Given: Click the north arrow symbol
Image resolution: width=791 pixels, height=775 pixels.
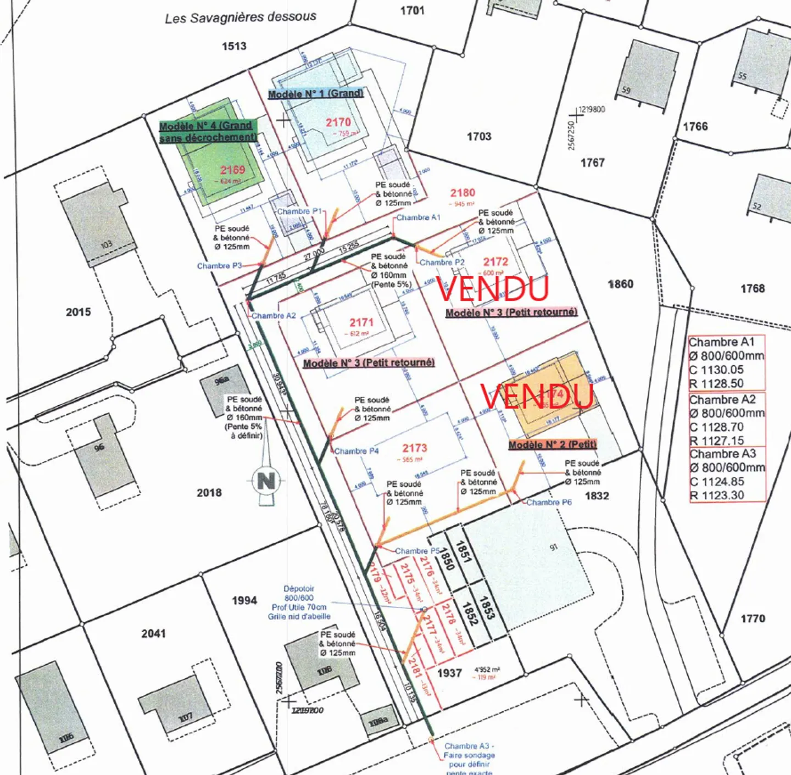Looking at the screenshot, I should [266, 482].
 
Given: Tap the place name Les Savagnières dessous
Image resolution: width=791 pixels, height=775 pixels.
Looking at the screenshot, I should [241, 18].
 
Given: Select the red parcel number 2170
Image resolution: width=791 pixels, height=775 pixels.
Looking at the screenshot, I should [338, 122].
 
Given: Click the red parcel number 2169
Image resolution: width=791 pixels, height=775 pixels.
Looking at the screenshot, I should [232, 170].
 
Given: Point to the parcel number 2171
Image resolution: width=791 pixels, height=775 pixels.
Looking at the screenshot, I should [361, 322].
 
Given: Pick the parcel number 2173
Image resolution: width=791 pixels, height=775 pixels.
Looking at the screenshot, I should [414, 448].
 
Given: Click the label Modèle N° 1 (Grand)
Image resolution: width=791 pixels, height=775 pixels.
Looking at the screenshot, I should [315, 94].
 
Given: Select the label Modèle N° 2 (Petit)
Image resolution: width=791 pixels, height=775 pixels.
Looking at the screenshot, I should [552, 444].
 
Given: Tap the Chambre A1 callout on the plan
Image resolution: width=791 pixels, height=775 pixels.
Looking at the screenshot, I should [418, 218].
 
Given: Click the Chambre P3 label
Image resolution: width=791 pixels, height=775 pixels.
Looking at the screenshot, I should [219, 266].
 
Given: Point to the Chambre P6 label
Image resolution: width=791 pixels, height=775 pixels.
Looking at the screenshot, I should [549, 502].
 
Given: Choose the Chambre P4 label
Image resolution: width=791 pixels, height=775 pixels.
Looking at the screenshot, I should [356, 451].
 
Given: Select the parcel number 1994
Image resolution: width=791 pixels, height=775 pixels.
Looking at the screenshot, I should [244, 600].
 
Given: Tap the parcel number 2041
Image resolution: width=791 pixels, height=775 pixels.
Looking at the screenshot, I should [153, 633].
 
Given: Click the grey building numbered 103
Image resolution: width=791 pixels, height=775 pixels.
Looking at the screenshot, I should [99, 225].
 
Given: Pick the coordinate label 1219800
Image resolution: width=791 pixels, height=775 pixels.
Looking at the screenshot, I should [592, 109].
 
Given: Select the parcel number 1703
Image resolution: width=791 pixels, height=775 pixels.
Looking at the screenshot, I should [479, 136].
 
